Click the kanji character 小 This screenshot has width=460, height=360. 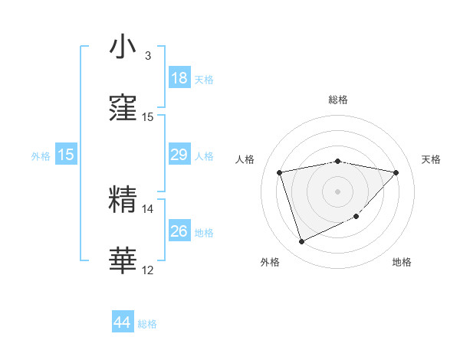pos(123,47)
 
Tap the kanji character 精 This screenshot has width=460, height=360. pos(123,200)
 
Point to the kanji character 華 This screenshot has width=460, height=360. pos(123,261)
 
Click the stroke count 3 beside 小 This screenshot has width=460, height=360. pos(148,56)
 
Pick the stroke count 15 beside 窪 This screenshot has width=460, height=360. pos(148,117)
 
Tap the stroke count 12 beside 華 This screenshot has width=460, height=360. pos(148,270)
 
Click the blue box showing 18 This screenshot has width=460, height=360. pos(179,78)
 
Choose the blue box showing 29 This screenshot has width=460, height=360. pos(179,155)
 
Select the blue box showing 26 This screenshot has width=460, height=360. pos(179,231)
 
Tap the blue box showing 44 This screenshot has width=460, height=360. pos(123,322)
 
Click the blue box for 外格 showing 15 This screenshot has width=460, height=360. pos(66,155)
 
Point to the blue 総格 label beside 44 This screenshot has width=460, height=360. pos(147,324)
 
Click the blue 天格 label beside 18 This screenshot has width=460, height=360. pos(204,80)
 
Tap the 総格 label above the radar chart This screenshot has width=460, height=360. pos(338,100)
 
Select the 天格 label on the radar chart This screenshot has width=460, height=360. pos(432,159)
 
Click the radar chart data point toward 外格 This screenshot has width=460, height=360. pos(301,242)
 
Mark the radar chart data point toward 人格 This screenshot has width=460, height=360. pos(280,172)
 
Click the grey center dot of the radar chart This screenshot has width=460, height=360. pos(338,191)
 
